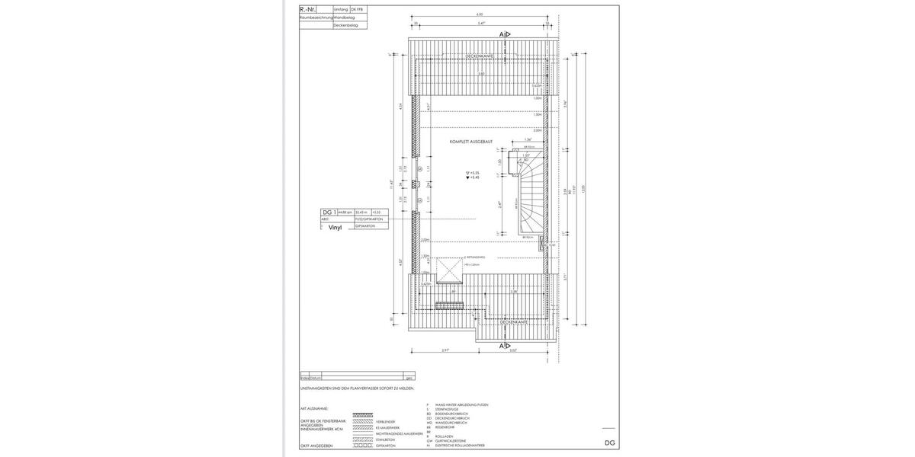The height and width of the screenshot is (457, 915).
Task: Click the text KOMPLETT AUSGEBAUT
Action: [x=470, y=142]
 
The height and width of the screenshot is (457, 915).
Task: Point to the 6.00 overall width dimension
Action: [x=479, y=14]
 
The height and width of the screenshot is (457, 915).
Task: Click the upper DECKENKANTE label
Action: [x=479, y=56]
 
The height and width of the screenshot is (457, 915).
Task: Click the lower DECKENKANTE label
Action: [x=514, y=322]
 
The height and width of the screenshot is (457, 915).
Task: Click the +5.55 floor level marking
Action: [x=474, y=172]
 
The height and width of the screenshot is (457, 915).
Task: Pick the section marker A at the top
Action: [x=503, y=35]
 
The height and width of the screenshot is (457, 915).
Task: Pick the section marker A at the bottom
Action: [x=503, y=346]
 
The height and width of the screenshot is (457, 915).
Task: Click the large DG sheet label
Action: [x=609, y=443]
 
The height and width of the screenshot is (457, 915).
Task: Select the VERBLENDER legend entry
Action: [x=385, y=421]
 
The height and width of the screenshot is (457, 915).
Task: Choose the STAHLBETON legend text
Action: [x=386, y=439]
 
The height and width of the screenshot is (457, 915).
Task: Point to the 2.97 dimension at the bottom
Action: [x=445, y=350]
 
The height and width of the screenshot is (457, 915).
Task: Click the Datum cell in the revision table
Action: [x=315, y=378]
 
